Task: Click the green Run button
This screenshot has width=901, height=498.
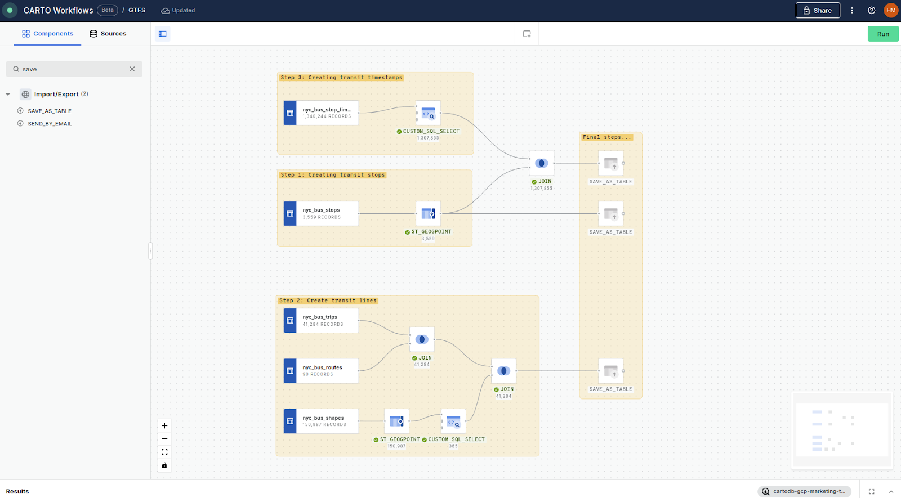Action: (x=882, y=34)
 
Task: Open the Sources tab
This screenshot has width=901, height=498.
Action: (x=108, y=34)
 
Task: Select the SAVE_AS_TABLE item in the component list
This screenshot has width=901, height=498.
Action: (x=50, y=111)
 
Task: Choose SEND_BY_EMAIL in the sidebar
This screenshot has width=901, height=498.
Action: (x=50, y=124)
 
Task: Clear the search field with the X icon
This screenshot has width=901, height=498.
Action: (x=132, y=69)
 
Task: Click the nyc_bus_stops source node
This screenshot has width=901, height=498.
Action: (x=321, y=213)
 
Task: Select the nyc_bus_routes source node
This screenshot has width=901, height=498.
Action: (x=321, y=371)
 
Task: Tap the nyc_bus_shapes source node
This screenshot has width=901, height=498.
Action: (x=321, y=421)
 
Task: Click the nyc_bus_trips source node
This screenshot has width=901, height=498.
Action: (x=321, y=320)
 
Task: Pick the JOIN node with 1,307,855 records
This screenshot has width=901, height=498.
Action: (x=541, y=163)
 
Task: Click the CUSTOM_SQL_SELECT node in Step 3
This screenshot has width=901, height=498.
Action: (x=428, y=113)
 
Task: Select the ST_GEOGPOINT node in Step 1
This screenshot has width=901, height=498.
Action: (x=428, y=213)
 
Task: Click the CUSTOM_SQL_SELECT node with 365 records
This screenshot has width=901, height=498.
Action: (x=453, y=421)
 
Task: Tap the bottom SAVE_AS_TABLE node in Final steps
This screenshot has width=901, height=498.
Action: (x=610, y=371)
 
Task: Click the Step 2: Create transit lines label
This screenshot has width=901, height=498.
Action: (x=328, y=300)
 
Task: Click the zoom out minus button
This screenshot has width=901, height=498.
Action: (x=164, y=439)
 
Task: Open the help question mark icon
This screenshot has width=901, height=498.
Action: (x=871, y=10)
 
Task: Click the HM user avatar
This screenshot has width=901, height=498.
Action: (x=891, y=10)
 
